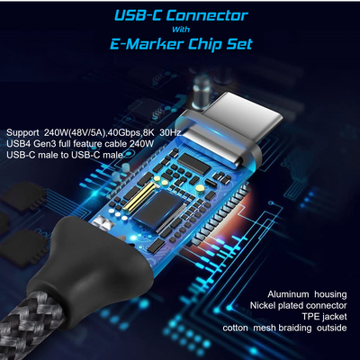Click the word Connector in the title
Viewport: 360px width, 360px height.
(207, 16)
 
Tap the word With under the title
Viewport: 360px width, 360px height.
(181, 30)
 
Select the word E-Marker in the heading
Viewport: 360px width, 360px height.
(147, 44)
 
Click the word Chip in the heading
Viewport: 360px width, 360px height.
(204, 45)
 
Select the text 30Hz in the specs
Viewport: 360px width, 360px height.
(170, 132)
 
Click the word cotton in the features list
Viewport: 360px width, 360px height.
(235, 328)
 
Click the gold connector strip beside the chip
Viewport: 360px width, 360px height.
(137, 195)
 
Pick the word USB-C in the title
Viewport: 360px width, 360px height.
(139, 16)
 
